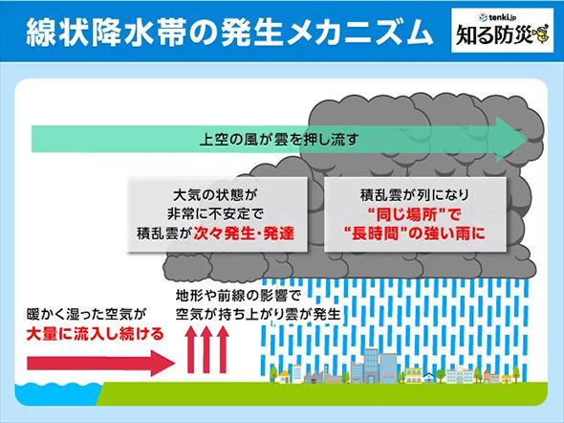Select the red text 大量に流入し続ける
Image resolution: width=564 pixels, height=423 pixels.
(88, 334)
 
